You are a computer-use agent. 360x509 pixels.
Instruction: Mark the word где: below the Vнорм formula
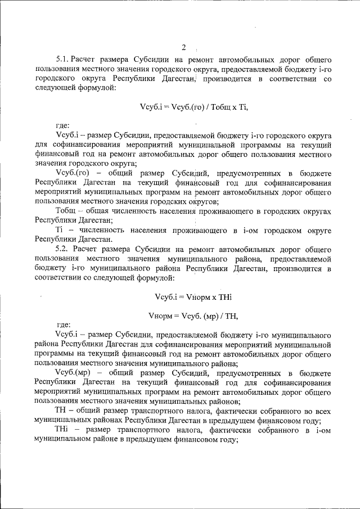(62, 325)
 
